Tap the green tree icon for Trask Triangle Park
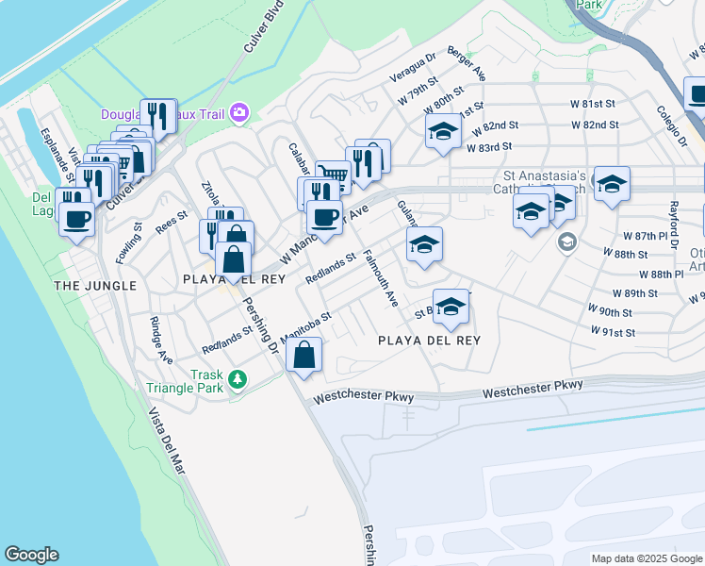(238, 379)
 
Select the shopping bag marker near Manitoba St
(304, 357)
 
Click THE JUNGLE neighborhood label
(95, 285)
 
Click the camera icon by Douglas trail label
(239, 114)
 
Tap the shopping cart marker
(333, 175)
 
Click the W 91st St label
(614, 332)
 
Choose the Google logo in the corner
(31, 555)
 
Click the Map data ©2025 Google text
(647, 558)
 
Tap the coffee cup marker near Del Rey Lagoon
(76, 220)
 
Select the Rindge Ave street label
(161, 340)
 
